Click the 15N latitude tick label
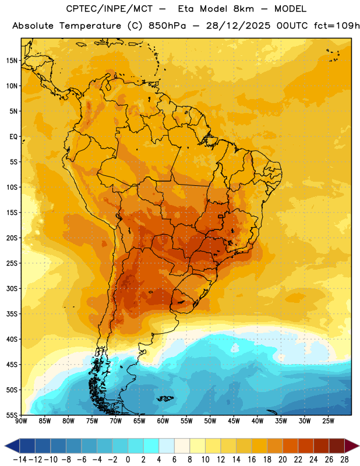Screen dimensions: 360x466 click(12, 61)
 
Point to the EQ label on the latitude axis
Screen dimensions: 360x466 click(13, 137)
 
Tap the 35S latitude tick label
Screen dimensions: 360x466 click(12, 314)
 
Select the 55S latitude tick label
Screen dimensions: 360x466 click(12, 415)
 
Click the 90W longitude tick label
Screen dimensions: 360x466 click(21, 421)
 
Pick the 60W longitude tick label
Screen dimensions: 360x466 click(163, 421)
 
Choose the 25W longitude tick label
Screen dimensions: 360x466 click(328, 421)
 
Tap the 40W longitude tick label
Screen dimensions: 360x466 click(257, 421)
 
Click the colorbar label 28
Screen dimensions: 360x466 click(344, 460)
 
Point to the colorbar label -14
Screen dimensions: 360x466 click(20, 460)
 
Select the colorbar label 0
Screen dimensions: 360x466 click(128, 460)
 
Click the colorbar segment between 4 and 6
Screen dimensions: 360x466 click(167, 446)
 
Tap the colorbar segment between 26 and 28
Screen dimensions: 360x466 click(337, 446)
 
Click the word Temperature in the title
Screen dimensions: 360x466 click(90, 26)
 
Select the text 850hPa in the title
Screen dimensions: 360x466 click(167, 26)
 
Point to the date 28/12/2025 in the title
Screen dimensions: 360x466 click(238, 26)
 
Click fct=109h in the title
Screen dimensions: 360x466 click(337, 26)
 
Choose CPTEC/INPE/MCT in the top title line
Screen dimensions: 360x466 click(110, 9)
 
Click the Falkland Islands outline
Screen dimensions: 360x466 click(165, 398)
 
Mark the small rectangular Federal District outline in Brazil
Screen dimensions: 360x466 click(221, 217)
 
